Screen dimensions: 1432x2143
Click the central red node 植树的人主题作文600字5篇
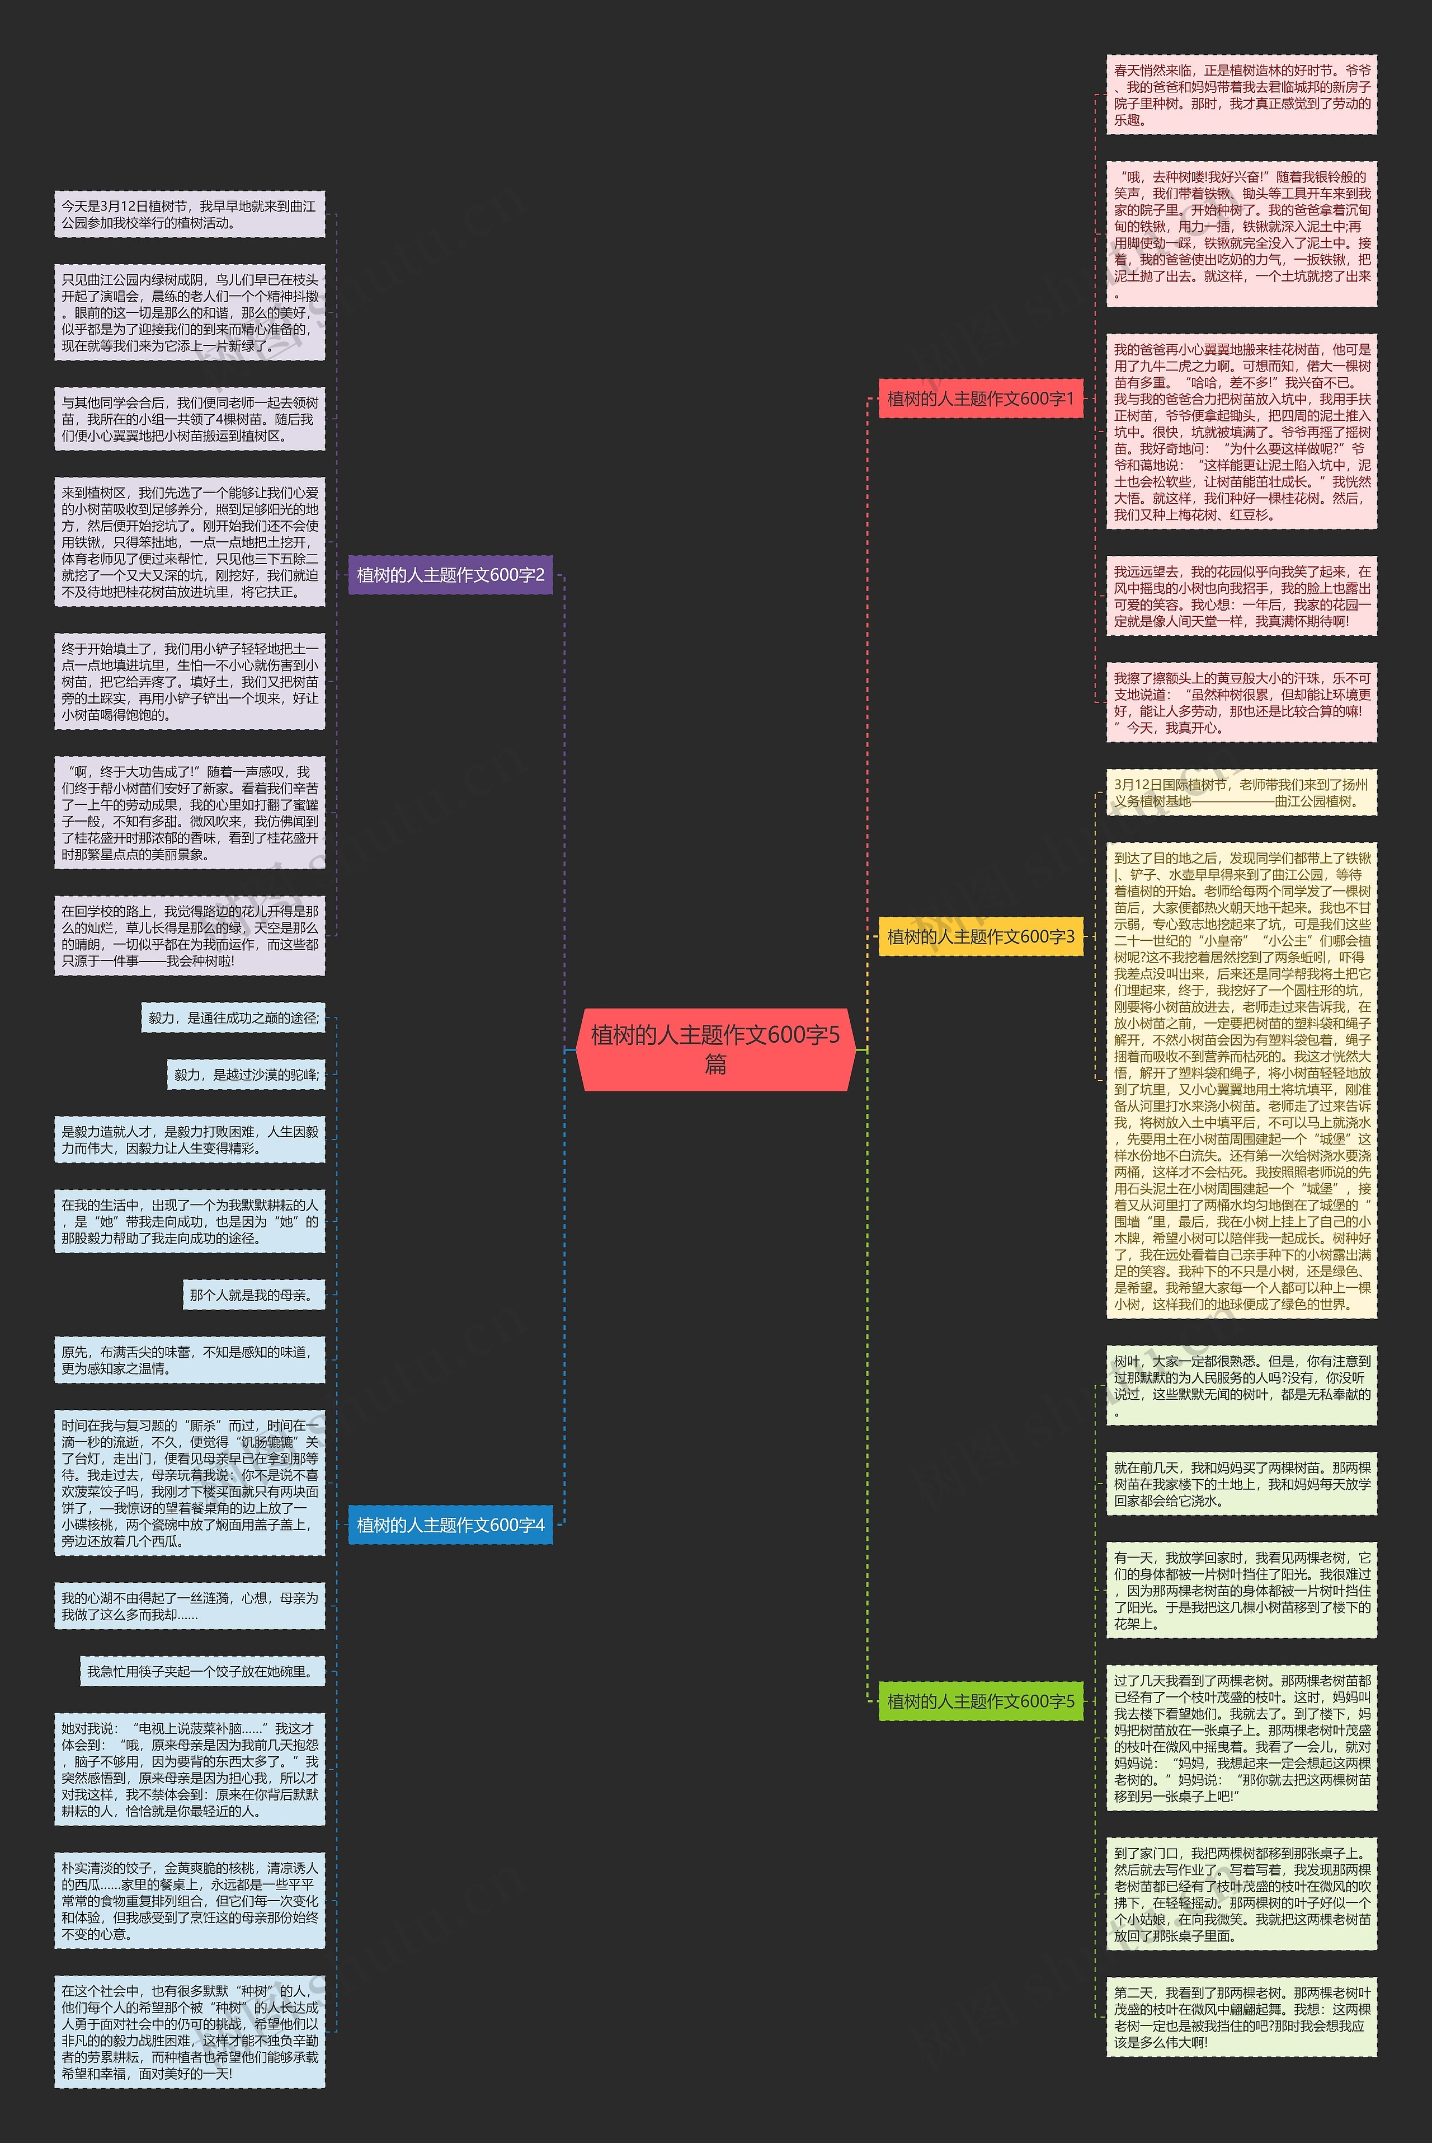[715, 1049]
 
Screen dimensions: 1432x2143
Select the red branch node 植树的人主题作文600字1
[980, 398]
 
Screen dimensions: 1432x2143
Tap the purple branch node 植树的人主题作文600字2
[450, 575]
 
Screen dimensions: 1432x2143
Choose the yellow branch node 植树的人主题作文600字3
[980, 936]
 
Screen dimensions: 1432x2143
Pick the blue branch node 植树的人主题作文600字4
[450, 1525]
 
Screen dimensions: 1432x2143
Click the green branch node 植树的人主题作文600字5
[980, 1701]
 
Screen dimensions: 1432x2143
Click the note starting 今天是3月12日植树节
[189, 215]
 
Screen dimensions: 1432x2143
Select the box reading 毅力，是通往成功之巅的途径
[233, 1017]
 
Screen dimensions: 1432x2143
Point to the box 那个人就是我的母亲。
[254, 1295]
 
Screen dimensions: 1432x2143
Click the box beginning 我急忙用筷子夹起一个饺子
[202, 1672]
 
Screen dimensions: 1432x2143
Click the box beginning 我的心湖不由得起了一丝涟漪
[189, 1606]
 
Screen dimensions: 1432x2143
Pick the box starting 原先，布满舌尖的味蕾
[189, 1359]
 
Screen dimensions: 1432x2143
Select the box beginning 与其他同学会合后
[189, 419]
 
